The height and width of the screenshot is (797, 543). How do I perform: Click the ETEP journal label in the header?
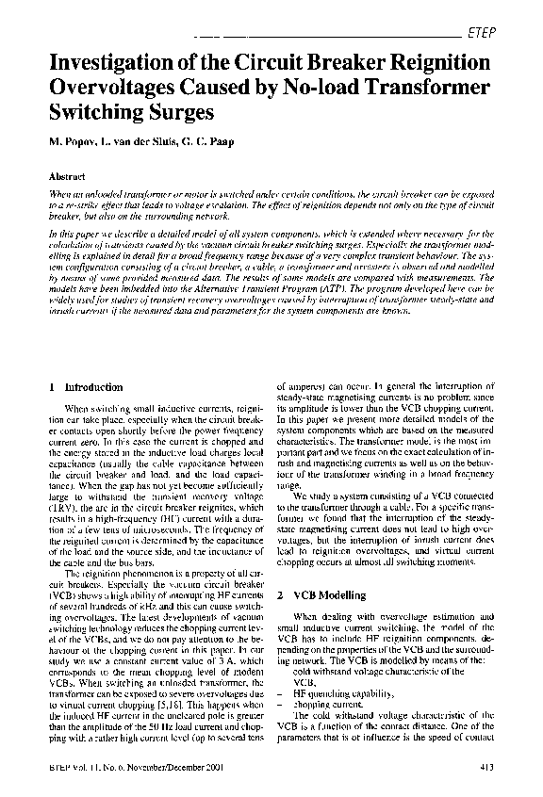coord(482,33)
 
